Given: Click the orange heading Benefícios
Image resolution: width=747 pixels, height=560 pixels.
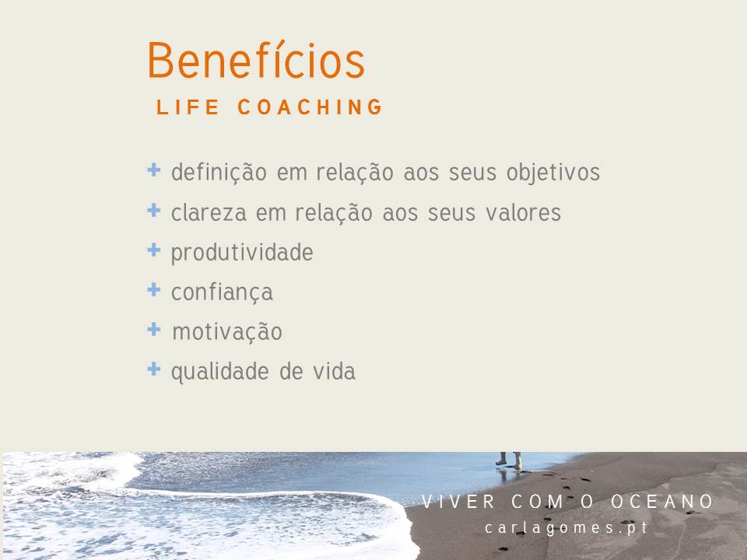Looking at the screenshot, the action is (x=256, y=61).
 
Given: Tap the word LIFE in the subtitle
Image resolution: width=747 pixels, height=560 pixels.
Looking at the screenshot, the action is (x=188, y=107).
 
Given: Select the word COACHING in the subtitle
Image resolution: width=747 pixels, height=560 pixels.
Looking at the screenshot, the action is (x=310, y=107).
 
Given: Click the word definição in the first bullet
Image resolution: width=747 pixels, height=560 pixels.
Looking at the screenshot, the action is (x=219, y=172).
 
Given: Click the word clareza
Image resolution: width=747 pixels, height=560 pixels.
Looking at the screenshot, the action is (x=209, y=212).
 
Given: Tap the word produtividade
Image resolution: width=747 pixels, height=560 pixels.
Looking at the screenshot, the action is (x=242, y=253).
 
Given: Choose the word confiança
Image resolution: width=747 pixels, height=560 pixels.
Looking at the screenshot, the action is (x=222, y=292).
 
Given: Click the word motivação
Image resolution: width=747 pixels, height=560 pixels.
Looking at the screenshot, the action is (x=227, y=331).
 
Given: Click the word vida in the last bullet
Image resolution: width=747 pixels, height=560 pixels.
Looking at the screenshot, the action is (x=335, y=372).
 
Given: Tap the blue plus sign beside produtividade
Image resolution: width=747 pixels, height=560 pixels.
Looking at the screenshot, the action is (x=154, y=250).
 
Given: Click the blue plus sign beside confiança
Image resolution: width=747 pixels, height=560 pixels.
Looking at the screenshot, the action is (x=154, y=289).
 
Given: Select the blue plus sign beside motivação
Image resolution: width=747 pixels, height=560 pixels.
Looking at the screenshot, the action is (x=154, y=328).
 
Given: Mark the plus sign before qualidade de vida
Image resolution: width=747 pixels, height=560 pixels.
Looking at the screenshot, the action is (x=154, y=369).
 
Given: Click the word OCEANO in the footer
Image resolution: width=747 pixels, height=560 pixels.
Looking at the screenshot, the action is (x=662, y=502).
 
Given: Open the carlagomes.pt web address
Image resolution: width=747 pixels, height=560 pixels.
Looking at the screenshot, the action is (x=566, y=528).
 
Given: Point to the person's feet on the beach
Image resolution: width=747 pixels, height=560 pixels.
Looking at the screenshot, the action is (x=509, y=461).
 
